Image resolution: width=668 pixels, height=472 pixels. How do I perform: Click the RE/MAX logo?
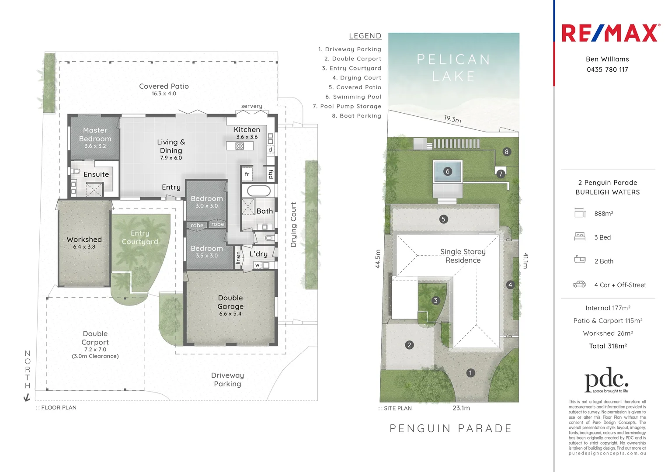[x=609, y=33]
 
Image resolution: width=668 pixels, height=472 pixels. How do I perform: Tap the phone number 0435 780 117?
[x=607, y=69]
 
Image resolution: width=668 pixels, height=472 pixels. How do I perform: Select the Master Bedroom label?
[x=95, y=135]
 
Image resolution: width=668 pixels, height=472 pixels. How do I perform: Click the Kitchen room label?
[x=247, y=130]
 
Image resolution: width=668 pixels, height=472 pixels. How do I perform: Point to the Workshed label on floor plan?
[x=84, y=239]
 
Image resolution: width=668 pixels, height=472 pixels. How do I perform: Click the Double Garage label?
[x=230, y=302]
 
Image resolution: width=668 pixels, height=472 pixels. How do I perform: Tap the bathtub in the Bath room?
[x=259, y=191]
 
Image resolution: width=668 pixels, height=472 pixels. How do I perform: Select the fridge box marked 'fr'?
[x=247, y=174]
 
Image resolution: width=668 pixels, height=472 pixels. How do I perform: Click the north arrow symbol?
[x=27, y=397]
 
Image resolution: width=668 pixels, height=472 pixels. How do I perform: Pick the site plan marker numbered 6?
[x=447, y=171]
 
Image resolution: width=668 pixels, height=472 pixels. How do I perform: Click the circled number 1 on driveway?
[x=470, y=373]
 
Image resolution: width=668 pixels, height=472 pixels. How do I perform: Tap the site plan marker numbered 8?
[x=507, y=152]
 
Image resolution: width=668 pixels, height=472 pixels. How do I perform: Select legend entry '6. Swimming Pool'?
[x=353, y=97]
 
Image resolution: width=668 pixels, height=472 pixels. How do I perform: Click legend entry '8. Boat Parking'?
[x=356, y=116]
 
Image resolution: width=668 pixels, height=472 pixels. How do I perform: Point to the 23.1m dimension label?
[x=461, y=408]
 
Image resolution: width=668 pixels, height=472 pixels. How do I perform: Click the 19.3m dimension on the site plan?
[x=452, y=119]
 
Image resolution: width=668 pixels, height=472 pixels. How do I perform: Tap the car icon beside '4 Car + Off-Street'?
[x=579, y=285]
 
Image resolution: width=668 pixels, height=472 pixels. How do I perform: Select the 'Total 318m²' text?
[x=608, y=346]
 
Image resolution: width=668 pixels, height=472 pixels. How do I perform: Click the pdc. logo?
[x=606, y=380]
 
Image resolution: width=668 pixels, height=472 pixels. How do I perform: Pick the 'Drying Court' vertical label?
[x=294, y=225]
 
